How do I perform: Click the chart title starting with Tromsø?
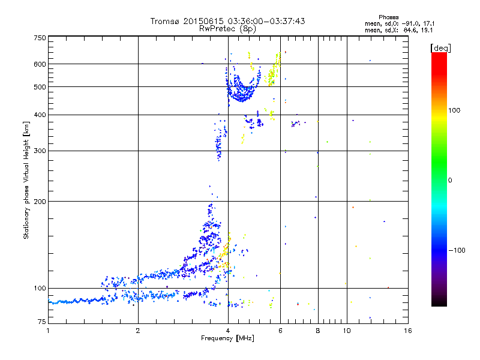click(x=227, y=21)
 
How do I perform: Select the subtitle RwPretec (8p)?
click(x=227, y=28)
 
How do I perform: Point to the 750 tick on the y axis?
click(x=40, y=38)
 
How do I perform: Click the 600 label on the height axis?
click(x=40, y=64)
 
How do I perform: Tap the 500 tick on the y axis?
click(x=40, y=87)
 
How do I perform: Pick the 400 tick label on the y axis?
click(x=40, y=115)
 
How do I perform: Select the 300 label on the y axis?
click(x=40, y=151)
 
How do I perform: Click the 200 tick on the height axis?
click(x=40, y=202)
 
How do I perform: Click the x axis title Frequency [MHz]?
click(x=227, y=339)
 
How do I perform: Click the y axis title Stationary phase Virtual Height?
click(x=26, y=180)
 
